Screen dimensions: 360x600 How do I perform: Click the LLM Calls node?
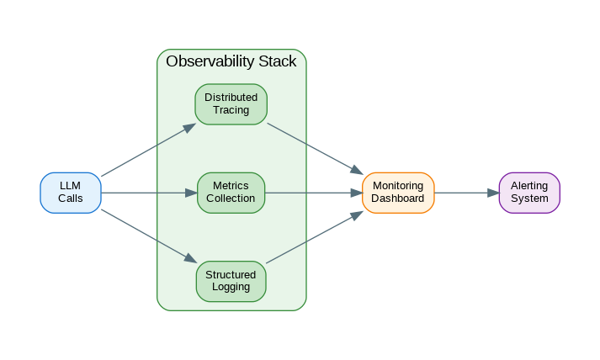point(71,193)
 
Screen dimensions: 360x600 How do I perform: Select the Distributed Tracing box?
point(231,104)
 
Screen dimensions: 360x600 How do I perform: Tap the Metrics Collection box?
point(231,193)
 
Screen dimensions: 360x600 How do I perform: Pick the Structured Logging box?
point(231,281)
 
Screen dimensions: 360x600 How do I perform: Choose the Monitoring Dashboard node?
point(398,193)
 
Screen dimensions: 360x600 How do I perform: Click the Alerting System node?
point(528,193)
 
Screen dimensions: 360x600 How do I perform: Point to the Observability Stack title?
point(231,61)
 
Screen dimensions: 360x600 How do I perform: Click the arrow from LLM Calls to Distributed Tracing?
point(148,150)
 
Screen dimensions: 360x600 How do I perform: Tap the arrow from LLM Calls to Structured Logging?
point(148,236)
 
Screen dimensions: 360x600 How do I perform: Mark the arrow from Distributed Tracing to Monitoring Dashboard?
point(315,149)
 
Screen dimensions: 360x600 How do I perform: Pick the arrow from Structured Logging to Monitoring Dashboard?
point(315,237)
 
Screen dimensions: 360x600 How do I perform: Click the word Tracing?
point(231,110)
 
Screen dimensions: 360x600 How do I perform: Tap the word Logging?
point(231,287)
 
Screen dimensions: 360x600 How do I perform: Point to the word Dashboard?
point(398,199)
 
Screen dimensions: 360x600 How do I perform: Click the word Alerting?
point(528,186)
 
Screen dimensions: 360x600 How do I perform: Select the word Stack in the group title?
point(278,61)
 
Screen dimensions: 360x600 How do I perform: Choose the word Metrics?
point(231,186)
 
